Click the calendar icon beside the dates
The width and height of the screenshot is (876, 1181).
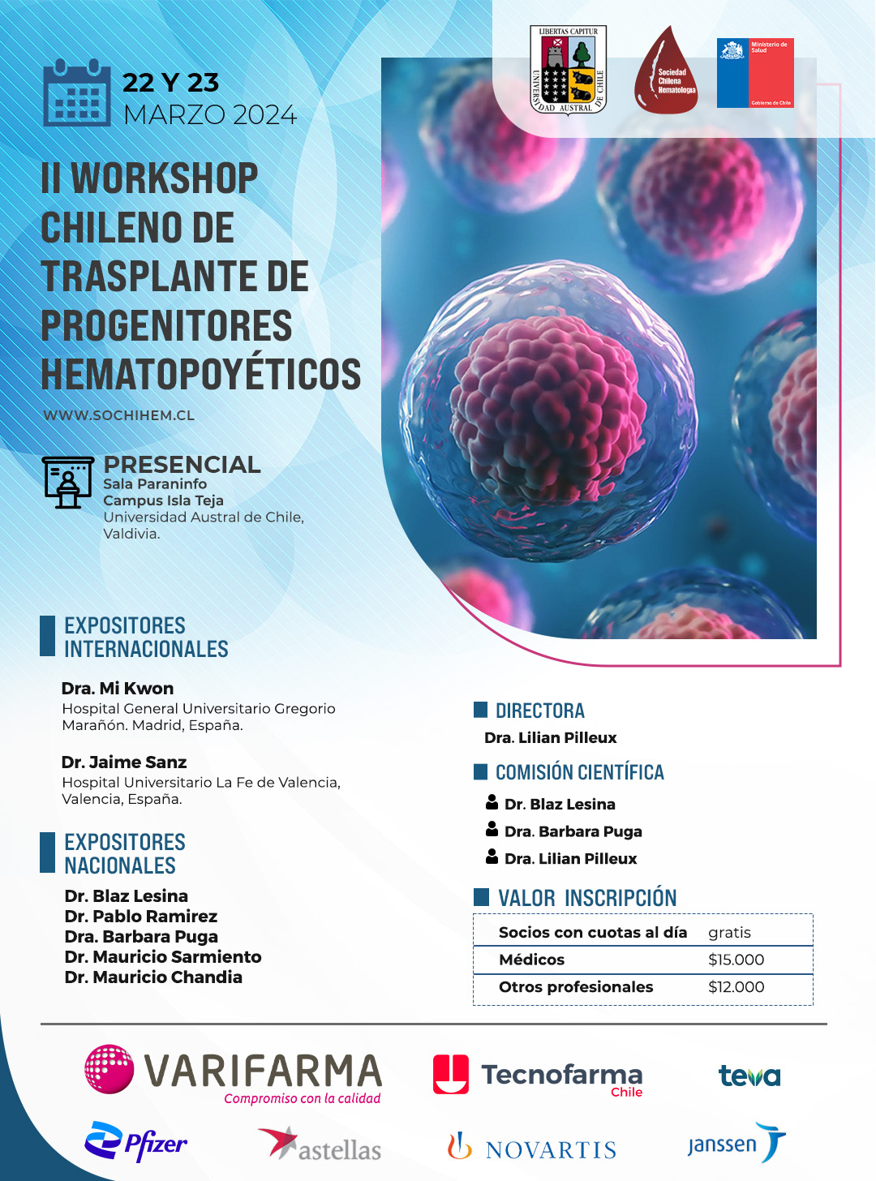77,92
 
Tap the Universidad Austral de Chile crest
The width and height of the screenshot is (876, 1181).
569,70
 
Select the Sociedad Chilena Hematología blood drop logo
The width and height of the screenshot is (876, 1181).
666,70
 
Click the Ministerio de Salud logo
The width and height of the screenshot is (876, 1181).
755,73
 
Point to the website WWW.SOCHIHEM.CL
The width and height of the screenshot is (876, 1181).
118,415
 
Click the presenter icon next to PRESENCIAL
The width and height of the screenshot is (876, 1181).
68,483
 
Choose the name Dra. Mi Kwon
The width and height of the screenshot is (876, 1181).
118,689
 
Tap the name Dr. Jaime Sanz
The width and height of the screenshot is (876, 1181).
124,762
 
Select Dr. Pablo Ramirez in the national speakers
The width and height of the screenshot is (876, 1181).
141,917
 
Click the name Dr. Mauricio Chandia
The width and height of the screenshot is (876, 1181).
153,977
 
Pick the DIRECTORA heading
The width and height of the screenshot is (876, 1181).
540,711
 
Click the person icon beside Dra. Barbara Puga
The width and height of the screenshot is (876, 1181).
492,829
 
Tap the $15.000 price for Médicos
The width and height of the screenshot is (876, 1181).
736,960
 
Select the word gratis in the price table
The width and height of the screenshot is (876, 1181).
729,933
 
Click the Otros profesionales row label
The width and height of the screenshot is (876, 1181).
576,986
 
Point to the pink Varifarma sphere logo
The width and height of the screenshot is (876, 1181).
109,1068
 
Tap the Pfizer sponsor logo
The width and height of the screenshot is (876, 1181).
135,1141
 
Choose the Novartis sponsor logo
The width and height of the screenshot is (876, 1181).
531,1147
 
